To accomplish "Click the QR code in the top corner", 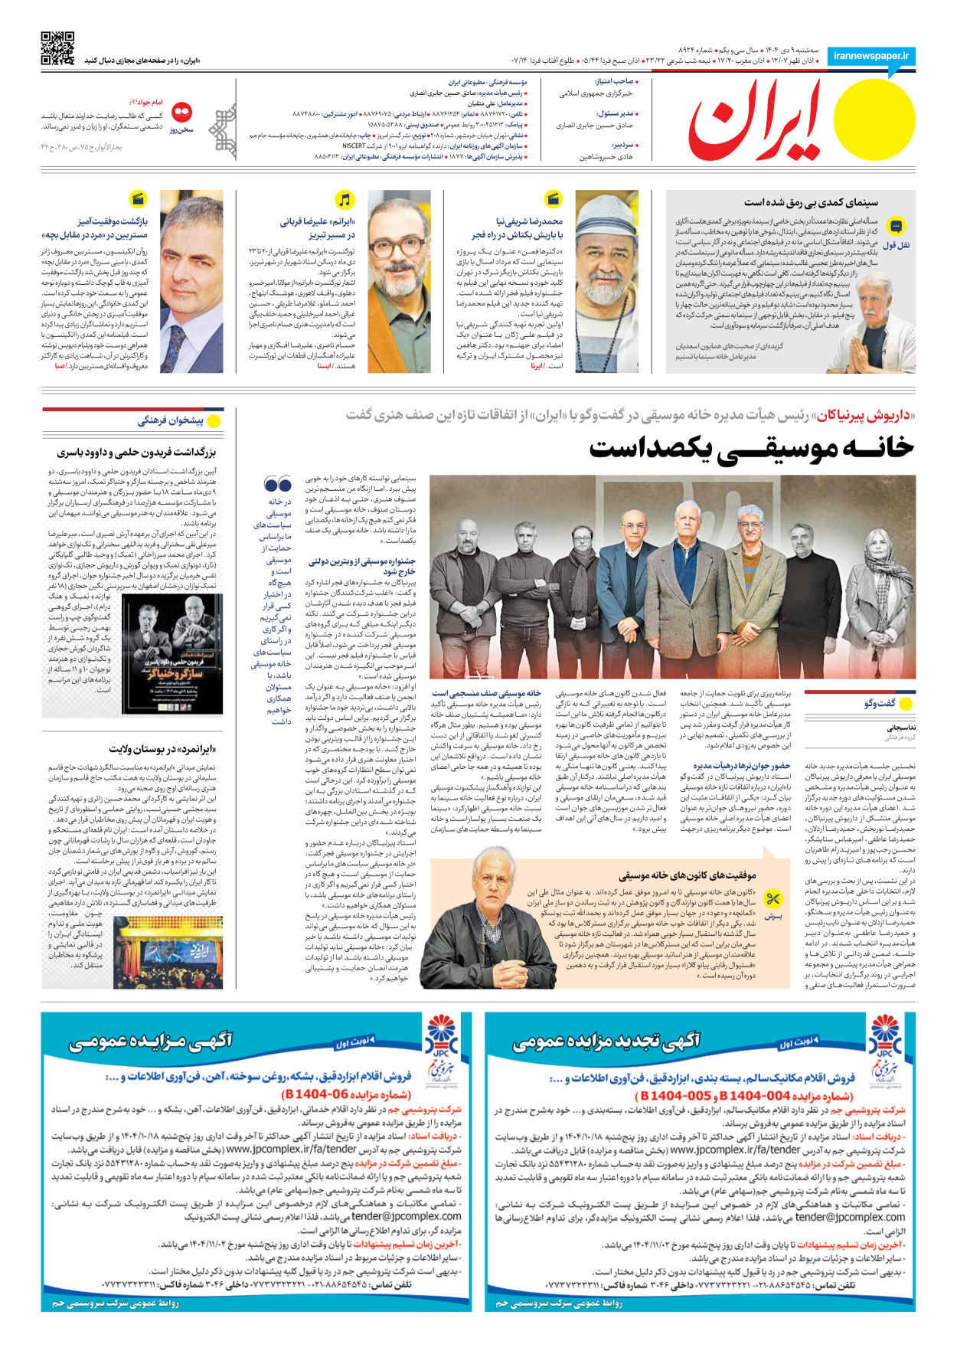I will (x=57, y=48).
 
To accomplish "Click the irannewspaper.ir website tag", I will (x=870, y=57).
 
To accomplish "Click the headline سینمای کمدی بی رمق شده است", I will (x=811, y=203).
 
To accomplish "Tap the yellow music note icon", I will (x=345, y=200).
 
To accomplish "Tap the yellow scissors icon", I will (x=773, y=898).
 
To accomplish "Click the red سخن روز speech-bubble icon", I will (x=182, y=113).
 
